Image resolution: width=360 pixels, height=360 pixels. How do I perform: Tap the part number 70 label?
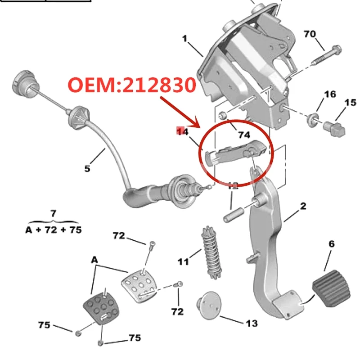310,34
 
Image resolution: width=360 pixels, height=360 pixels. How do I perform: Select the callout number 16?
330,94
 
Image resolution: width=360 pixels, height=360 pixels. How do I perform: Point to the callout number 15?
350,103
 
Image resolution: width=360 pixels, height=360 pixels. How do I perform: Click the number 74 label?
243,135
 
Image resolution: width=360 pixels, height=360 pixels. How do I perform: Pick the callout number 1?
184,39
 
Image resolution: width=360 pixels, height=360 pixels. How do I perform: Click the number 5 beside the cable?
87,169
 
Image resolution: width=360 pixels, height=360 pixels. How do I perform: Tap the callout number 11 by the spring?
183,261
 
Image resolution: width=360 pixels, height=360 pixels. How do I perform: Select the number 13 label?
252,323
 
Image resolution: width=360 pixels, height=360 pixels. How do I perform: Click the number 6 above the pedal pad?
332,244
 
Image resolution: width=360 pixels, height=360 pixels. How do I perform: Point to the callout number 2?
303,206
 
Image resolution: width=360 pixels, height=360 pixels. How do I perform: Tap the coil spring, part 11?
209,252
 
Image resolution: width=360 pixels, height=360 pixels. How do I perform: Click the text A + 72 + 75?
53,229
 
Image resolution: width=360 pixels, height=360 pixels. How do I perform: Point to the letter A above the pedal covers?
94,260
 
